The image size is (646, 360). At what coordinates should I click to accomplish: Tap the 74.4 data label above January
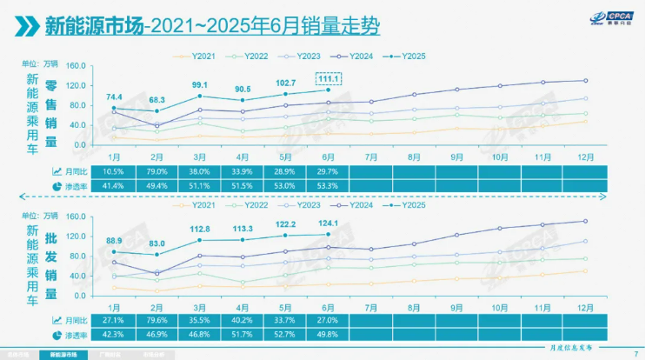[x=114, y=97]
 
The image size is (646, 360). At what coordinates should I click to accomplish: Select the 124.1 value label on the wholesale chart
[x=328, y=225]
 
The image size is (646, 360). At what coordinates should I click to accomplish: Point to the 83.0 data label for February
[x=157, y=243]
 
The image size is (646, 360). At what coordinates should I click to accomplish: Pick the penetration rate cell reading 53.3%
[x=328, y=186]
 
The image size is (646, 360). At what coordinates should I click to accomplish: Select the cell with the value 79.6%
[x=157, y=319]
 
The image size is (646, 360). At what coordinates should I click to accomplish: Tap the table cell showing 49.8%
[x=328, y=334]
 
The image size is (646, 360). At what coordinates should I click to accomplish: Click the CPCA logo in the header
[x=596, y=20]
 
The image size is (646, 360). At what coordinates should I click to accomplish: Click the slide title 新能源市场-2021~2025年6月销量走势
[x=212, y=26]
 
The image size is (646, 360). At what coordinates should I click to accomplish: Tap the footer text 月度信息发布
[x=569, y=348]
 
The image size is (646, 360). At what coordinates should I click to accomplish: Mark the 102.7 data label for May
[x=285, y=83]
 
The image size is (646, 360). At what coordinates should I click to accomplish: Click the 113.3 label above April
[x=243, y=230]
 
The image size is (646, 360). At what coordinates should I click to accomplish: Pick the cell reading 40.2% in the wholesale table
[x=243, y=319]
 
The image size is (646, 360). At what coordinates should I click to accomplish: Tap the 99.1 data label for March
[x=200, y=85]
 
